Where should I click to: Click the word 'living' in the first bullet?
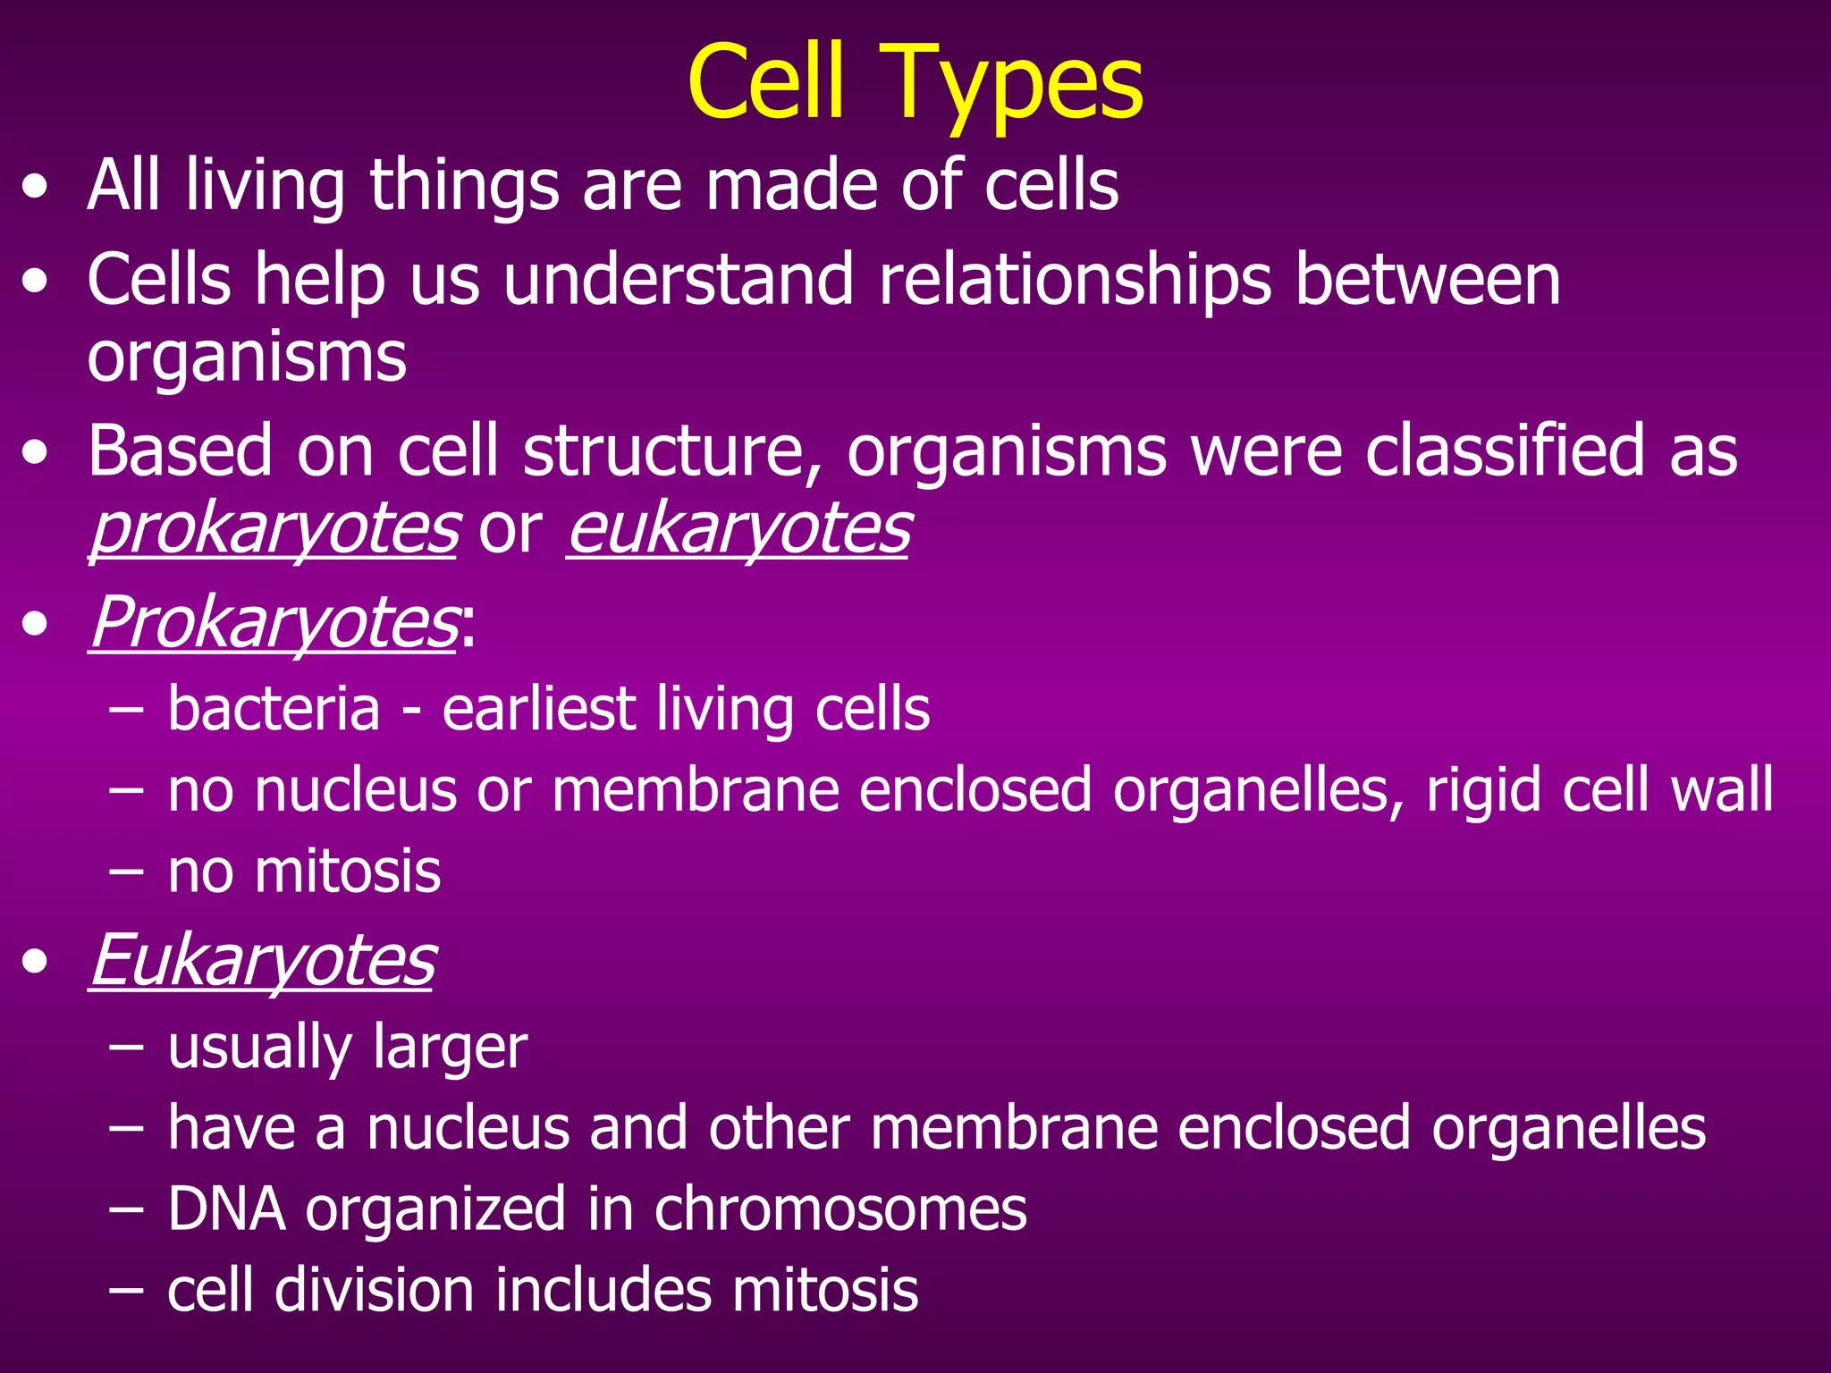tap(266, 185)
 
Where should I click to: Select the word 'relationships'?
tap(1074, 280)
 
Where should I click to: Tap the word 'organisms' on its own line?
tap(247, 358)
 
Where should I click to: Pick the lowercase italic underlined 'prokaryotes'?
tap(274, 529)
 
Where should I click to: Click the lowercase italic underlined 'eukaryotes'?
tap(738, 529)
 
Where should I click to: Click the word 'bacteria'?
tap(274, 709)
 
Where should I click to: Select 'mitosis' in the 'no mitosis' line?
tap(348, 872)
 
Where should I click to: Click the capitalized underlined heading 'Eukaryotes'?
tap(263, 961)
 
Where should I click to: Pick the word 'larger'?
tap(451, 1049)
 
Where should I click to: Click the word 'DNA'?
tap(227, 1209)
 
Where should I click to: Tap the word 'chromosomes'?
tap(840, 1209)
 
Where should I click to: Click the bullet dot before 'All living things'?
tap(36, 189)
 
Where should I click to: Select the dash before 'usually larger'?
tap(125, 1047)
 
